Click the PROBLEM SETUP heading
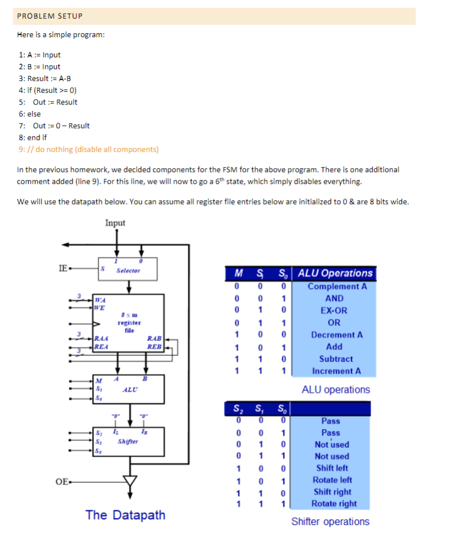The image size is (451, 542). pyautogui.click(x=50, y=16)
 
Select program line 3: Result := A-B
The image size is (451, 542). pyautogui.click(x=44, y=78)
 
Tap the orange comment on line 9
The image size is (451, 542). pyautogui.click(x=88, y=149)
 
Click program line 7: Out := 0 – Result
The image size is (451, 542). pyautogui.click(x=54, y=125)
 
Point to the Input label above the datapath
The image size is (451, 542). pyautogui.click(x=115, y=223)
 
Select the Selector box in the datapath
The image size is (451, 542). pyautogui.click(x=128, y=270)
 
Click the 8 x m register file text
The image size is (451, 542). pyautogui.click(x=129, y=319)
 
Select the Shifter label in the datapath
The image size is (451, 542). pyautogui.click(x=128, y=441)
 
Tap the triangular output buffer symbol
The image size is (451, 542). pyautogui.click(x=130, y=481)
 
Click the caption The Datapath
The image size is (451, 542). pyautogui.click(x=125, y=514)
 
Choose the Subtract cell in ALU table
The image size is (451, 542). pyautogui.click(x=336, y=359)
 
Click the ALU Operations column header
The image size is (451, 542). pyautogui.click(x=335, y=273)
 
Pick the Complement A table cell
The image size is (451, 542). pyautogui.click(x=337, y=286)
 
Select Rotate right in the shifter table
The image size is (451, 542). pyautogui.click(x=333, y=504)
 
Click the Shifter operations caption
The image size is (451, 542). pyautogui.click(x=330, y=521)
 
